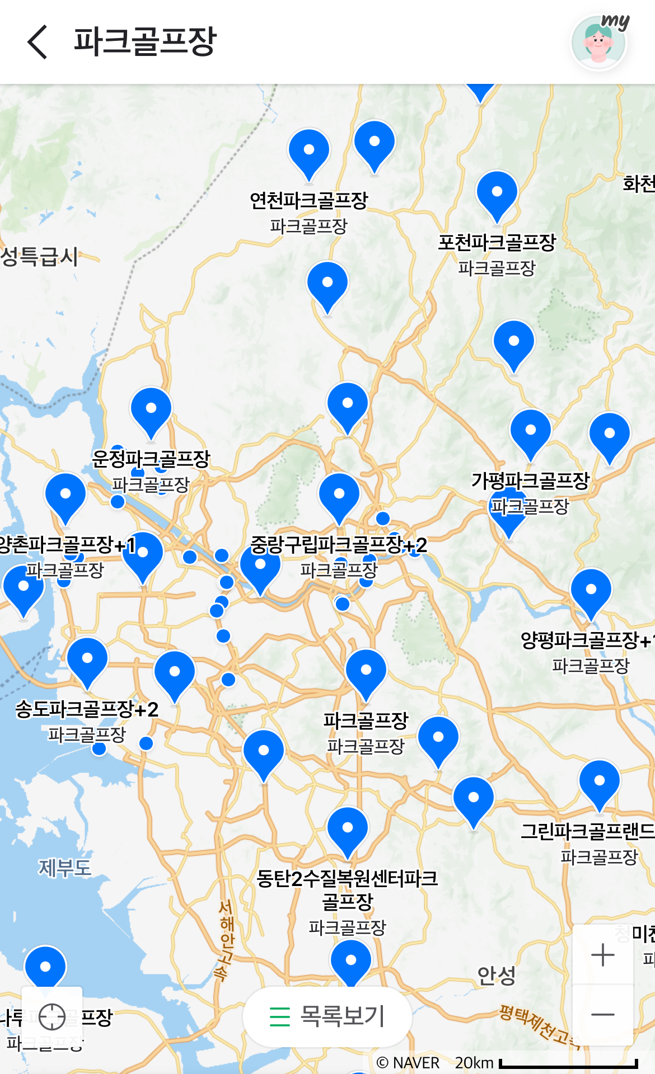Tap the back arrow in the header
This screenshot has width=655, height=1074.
click(x=37, y=42)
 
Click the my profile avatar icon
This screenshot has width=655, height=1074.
click(x=598, y=43)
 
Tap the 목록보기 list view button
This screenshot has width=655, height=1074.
click(x=327, y=1016)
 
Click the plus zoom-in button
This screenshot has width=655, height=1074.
click(x=603, y=955)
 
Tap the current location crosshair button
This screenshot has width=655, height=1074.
click(x=52, y=1016)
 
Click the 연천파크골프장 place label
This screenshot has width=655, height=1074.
click(x=308, y=200)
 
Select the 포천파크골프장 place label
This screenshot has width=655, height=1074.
click(x=497, y=243)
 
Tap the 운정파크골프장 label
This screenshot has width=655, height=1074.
click(x=151, y=459)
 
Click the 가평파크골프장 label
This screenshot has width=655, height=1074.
click(x=530, y=481)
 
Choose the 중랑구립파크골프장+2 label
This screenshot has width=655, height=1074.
click(x=339, y=545)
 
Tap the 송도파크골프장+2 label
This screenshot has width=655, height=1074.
click(x=87, y=709)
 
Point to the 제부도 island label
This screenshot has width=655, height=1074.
click(x=65, y=868)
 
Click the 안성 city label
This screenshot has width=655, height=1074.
click(x=496, y=976)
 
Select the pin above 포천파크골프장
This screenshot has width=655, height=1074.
click(x=497, y=194)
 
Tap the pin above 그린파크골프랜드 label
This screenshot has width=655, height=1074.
click(x=599, y=782)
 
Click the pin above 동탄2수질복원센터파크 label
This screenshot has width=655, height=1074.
click(x=348, y=829)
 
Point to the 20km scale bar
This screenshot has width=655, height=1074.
click(x=568, y=1063)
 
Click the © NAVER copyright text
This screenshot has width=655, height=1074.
click(x=408, y=1063)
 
